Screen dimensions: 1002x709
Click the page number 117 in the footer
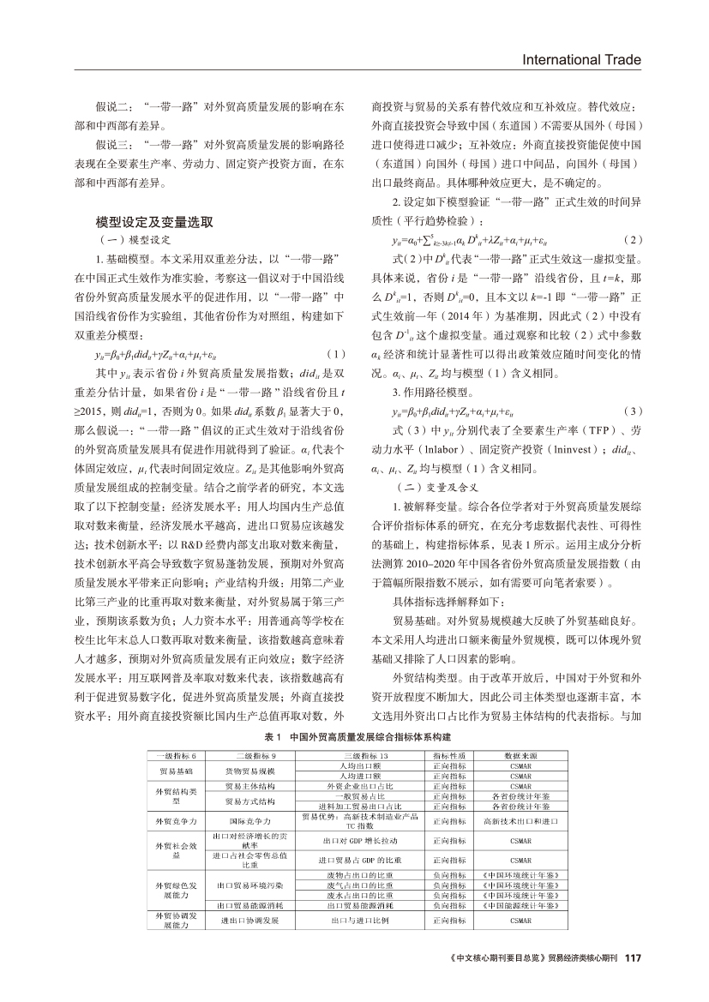[x=633, y=957]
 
